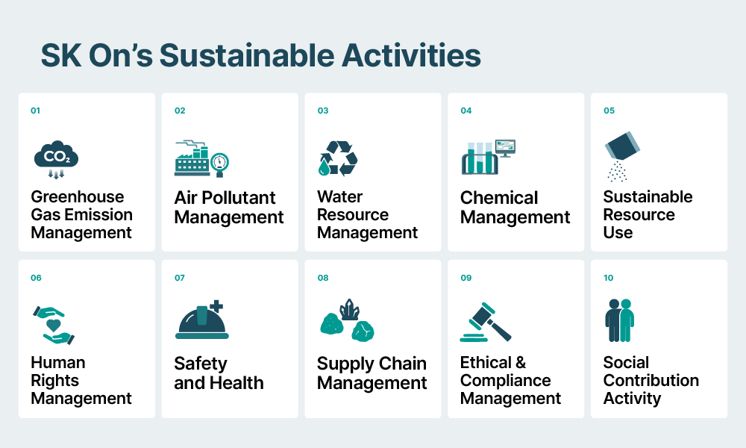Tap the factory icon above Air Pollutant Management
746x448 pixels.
click(201, 158)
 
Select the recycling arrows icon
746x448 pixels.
click(338, 158)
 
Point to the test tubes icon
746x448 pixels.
click(488, 157)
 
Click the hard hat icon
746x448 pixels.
click(201, 320)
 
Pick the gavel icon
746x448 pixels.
click(486, 322)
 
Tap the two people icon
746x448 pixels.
click(619, 320)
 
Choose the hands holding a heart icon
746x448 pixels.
click(54, 325)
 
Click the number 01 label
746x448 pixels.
click(35, 111)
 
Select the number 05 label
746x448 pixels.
click(609, 111)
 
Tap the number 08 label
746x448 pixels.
click(323, 278)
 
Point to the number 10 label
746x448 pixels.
click(609, 278)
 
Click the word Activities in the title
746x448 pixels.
click(411, 55)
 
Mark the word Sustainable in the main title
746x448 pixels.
click(247, 55)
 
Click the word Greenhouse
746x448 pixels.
click(78, 196)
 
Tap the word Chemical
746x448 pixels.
click(499, 197)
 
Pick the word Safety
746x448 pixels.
click(200, 364)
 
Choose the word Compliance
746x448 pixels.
click(505, 380)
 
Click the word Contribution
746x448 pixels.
click(651, 380)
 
